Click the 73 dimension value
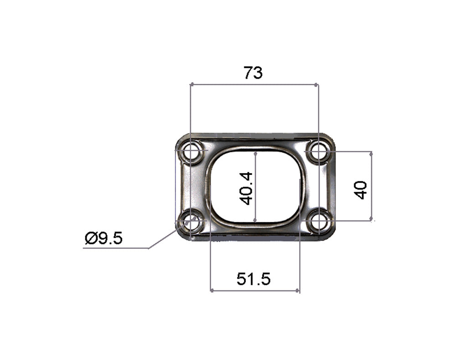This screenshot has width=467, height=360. click(253, 73)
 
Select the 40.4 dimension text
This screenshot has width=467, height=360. click(246, 188)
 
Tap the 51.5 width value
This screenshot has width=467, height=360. click(254, 278)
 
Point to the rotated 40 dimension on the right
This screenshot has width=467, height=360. click(360, 190)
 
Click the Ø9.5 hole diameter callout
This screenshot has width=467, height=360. click(104, 238)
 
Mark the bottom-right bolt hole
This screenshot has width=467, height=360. click(318, 222)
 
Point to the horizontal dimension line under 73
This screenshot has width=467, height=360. click(254, 84)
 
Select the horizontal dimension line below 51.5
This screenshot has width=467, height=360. click(254, 290)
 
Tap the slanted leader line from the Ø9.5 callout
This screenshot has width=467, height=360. click(162, 240)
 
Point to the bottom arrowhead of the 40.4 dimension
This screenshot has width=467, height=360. click(256, 221)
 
